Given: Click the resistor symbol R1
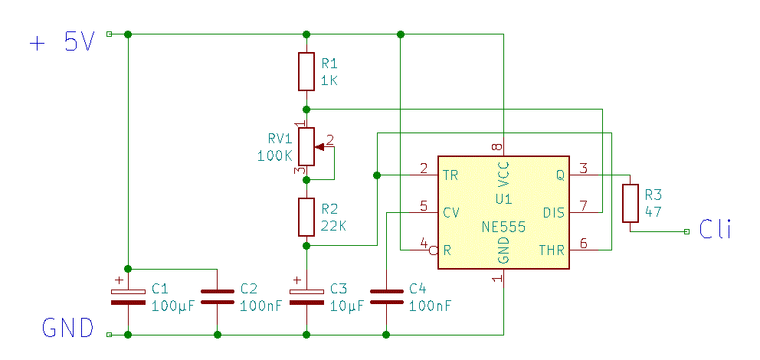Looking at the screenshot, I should point(306,70).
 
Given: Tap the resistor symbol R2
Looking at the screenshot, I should point(306,217).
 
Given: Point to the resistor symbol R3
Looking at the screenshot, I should point(631,203).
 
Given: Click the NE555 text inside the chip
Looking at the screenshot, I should point(503,227).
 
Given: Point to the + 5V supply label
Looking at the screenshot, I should point(61,42).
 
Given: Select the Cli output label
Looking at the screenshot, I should point(716,229).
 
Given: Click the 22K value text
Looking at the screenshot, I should point(333,226).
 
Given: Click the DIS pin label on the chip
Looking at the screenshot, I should point(554,212).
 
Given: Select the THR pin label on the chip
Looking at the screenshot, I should point(552,250).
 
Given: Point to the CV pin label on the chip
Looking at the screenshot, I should point(452,212).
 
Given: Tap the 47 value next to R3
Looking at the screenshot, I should point(654,211).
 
